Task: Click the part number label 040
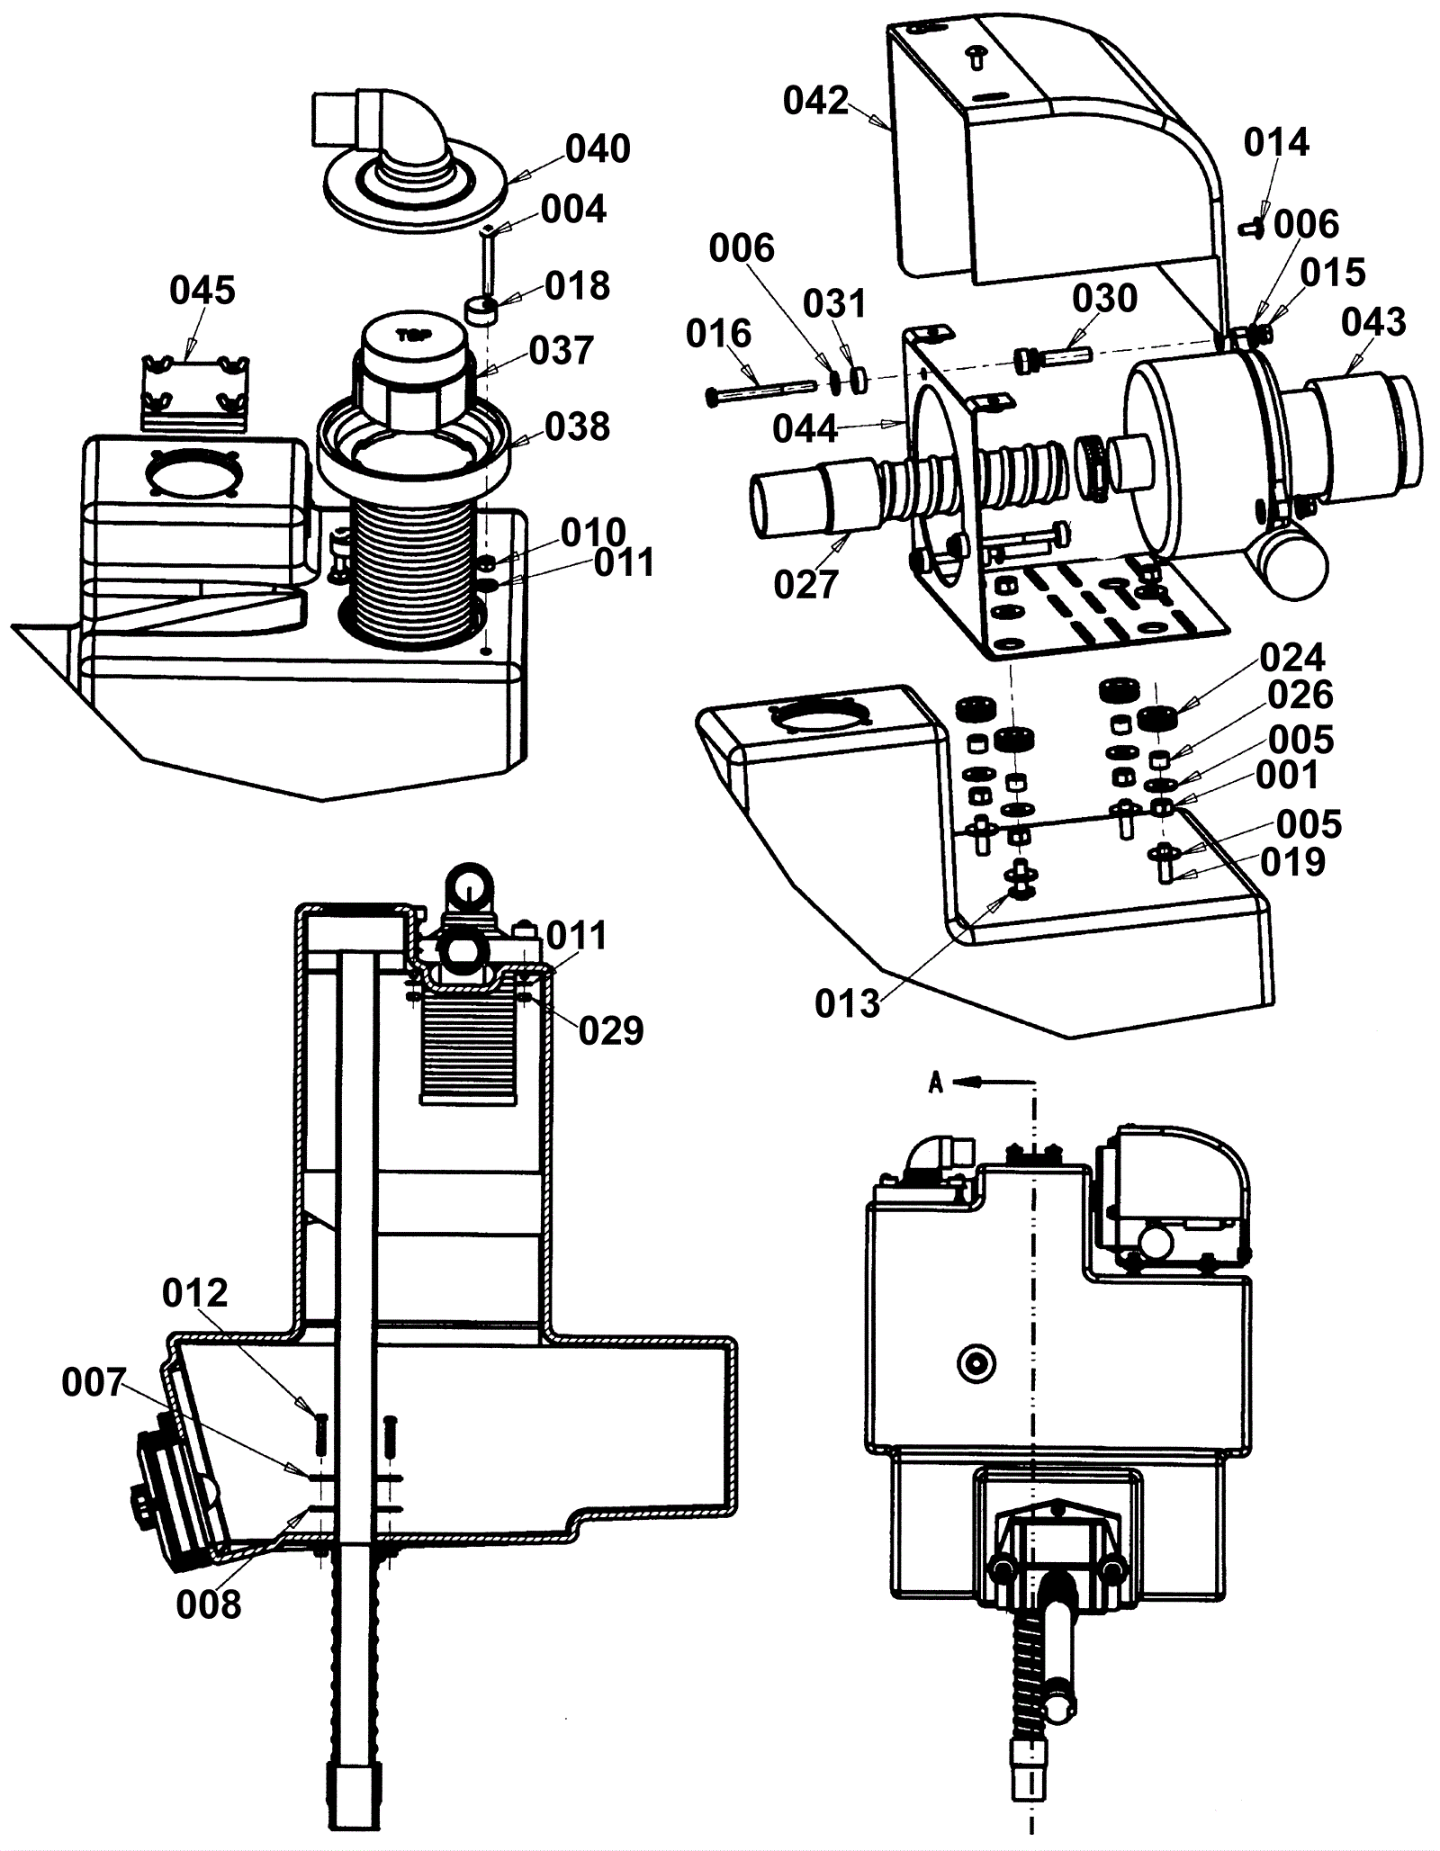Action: pos(598,148)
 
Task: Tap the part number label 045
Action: pos(202,291)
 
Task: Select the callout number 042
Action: pos(815,101)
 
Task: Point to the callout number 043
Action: pos(1373,322)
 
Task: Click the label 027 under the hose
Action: pos(805,585)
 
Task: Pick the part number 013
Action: pos(847,1003)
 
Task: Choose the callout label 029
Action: pos(611,1031)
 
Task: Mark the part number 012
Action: pos(195,1294)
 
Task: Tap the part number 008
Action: pos(209,1604)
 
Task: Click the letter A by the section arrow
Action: pos(936,1083)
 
